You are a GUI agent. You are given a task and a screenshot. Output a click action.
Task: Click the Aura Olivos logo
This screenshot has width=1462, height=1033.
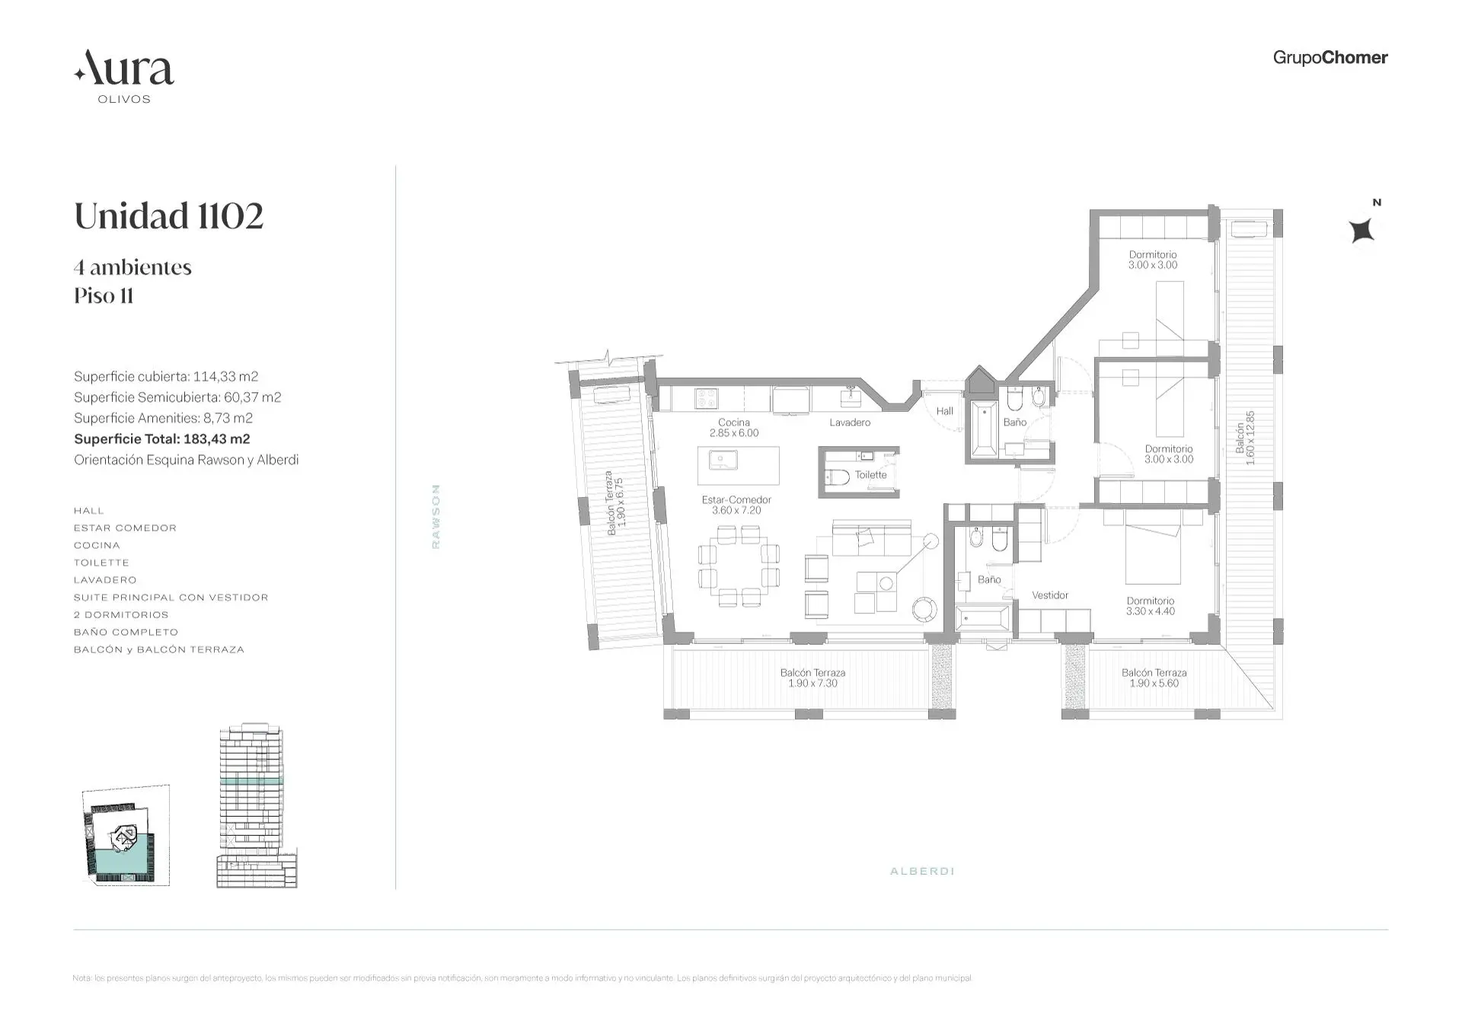click(x=124, y=75)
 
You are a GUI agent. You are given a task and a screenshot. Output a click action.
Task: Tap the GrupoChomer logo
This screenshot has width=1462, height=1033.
click(x=1330, y=58)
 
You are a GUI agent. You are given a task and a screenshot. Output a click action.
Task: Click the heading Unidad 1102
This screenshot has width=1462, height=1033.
click(x=168, y=216)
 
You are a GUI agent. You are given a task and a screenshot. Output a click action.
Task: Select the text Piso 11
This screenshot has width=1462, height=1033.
click(x=104, y=295)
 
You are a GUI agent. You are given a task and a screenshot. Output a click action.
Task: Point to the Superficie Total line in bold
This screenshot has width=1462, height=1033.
click(x=161, y=438)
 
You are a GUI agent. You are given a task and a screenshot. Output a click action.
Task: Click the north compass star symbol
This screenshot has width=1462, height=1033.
click(x=1361, y=230)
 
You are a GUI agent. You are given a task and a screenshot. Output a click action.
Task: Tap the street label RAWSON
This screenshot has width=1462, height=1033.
click(x=436, y=516)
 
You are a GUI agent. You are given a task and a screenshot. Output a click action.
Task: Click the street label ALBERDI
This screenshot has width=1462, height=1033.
click(x=921, y=871)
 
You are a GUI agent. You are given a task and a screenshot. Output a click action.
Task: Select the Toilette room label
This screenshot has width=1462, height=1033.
click(x=870, y=474)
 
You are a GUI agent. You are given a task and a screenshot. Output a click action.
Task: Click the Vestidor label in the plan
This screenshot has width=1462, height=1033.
click(x=1049, y=595)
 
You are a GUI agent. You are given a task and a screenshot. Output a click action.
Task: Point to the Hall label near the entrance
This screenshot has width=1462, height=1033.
click(x=944, y=411)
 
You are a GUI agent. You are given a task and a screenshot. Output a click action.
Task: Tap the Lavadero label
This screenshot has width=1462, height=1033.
click(x=849, y=422)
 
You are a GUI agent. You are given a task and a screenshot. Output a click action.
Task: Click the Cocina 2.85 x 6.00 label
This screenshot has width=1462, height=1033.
click(x=734, y=427)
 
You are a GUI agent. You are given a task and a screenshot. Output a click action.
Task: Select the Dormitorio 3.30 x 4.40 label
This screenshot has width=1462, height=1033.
click(x=1150, y=606)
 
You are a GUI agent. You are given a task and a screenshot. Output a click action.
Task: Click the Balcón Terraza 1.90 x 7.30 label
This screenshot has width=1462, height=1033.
click(x=812, y=678)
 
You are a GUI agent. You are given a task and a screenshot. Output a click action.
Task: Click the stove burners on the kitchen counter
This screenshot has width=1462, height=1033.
click(x=706, y=397)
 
